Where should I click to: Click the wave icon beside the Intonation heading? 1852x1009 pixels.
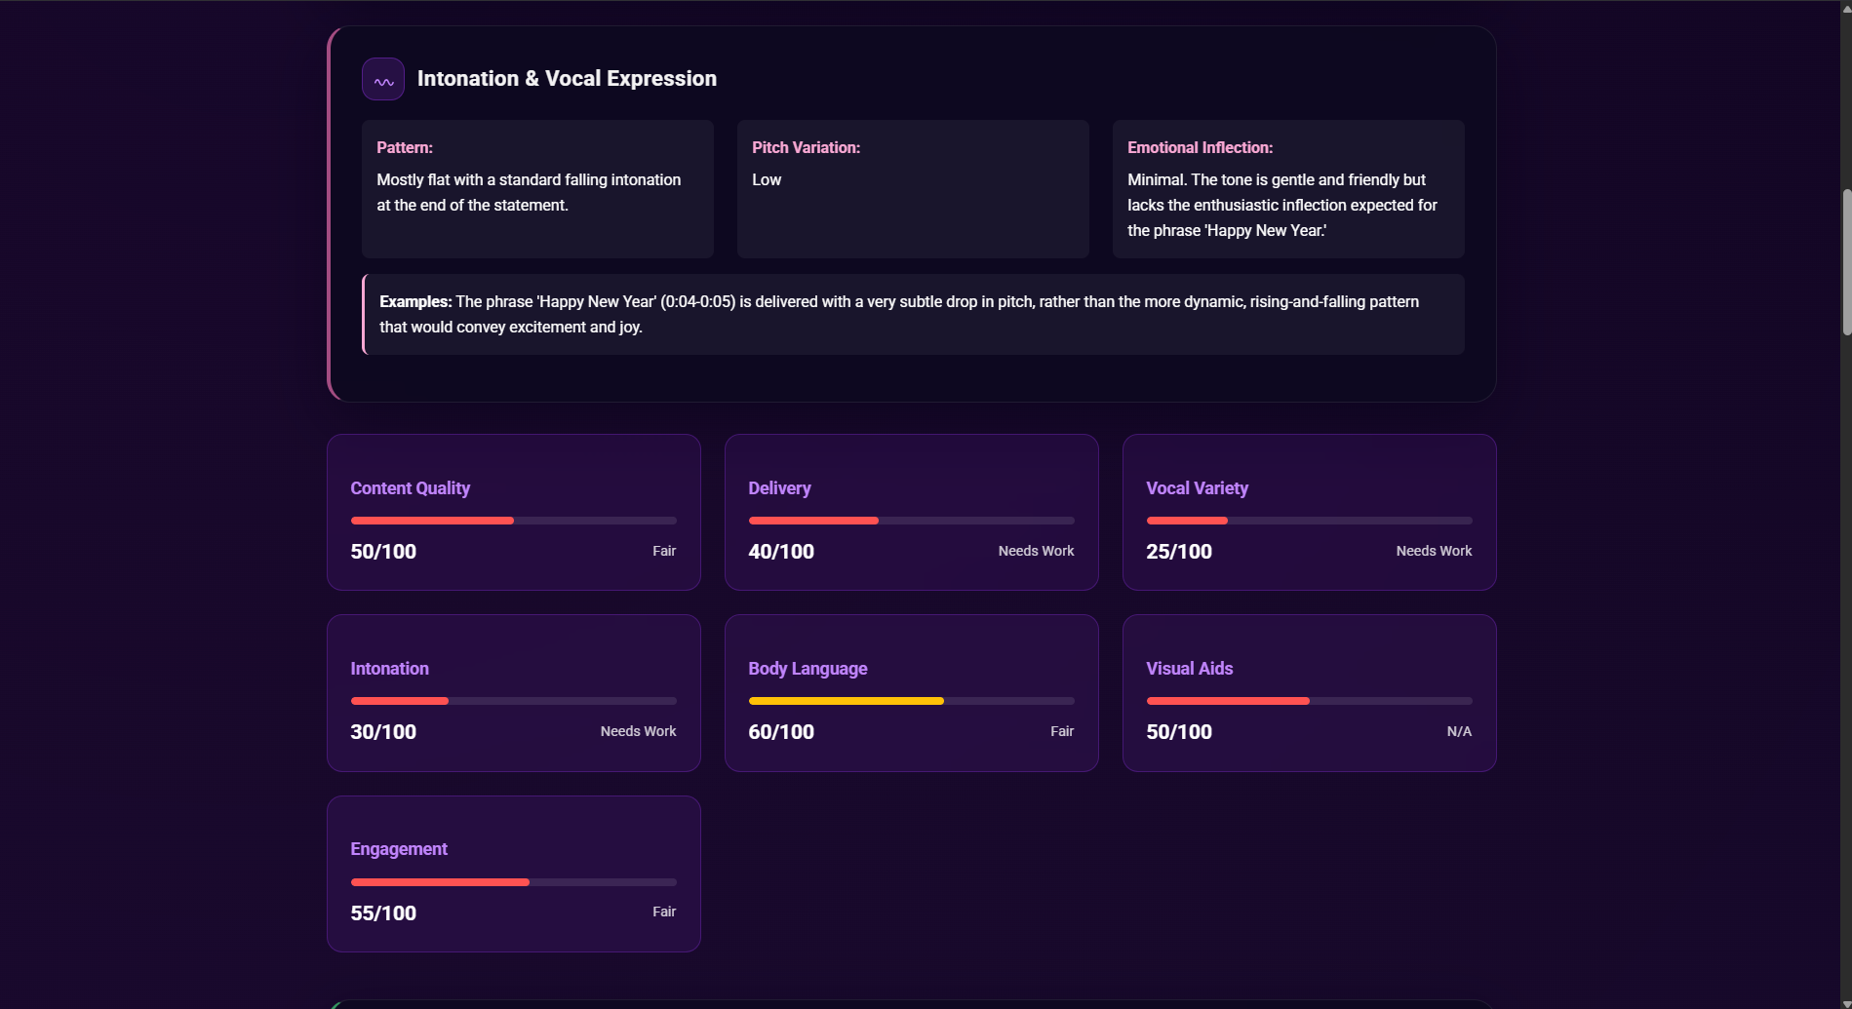coord(383,80)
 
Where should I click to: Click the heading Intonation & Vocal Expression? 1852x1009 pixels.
coord(567,79)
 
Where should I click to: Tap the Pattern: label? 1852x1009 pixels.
coord(405,148)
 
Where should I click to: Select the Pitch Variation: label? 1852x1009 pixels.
coord(806,148)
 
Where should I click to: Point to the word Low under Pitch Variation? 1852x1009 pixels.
coord(767,180)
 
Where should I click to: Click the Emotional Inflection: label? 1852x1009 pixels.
coord(1200,148)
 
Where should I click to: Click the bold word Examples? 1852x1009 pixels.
coord(415,302)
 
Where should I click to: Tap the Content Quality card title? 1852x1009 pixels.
coord(410,488)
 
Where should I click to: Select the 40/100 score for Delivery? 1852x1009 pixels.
coord(781,552)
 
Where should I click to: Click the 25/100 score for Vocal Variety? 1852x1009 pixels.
coord(1179,552)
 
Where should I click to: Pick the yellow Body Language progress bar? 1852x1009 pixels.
coord(846,701)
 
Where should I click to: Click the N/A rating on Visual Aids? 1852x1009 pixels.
coord(1459,732)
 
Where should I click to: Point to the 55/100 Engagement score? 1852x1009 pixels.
coord(383,913)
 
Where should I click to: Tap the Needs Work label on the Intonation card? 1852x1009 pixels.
coord(638,732)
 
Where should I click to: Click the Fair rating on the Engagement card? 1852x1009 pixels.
coord(664,912)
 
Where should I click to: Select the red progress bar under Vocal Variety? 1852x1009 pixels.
coord(1187,521)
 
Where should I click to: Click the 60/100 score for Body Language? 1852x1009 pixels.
coord(781,732)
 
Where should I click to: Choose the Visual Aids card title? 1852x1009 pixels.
coord(1189,669)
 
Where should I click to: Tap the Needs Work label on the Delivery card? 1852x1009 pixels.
coord(1036,552)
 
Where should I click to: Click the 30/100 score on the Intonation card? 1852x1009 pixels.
coord(383,732)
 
